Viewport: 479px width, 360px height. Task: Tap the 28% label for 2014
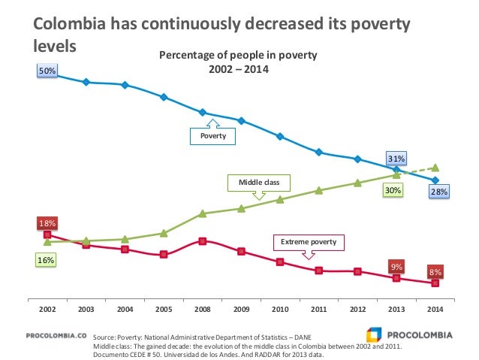(438, 192)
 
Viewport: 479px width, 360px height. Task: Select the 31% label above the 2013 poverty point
(396, 159)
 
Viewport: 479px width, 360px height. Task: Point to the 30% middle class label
(392, 191)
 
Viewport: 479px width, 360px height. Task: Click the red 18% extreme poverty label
(47, 223)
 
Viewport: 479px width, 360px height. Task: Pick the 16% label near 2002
(47, 259)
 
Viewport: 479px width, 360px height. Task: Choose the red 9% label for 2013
(396, 267)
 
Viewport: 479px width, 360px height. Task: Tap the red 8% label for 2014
(435, 271)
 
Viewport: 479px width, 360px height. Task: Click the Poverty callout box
(212, 136)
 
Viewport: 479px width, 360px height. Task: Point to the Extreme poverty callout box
(308, 242)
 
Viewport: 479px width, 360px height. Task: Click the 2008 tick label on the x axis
(202, 309)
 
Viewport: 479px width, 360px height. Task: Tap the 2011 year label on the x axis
(318, 309)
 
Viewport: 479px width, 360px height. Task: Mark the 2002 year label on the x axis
(47, 309)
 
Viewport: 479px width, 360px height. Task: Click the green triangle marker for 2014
(435, 168)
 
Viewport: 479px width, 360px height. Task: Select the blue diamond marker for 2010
(279, 137)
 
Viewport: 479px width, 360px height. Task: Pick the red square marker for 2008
(202, 241)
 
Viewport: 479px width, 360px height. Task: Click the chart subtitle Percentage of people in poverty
(237, 56)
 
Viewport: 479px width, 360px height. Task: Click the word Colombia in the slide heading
(64, 25)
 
